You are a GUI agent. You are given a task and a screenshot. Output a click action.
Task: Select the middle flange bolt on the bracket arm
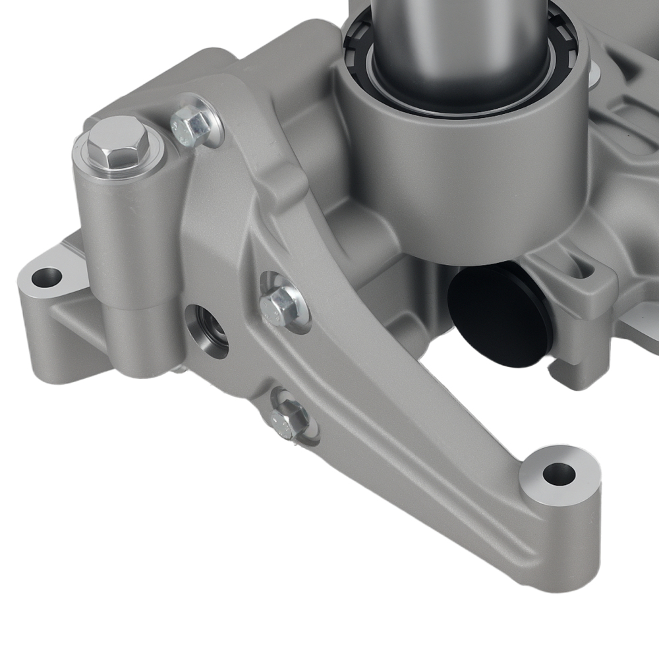281,304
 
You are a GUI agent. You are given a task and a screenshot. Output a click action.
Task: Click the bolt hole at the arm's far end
559,473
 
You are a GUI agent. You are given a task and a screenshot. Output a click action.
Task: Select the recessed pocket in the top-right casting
633,105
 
